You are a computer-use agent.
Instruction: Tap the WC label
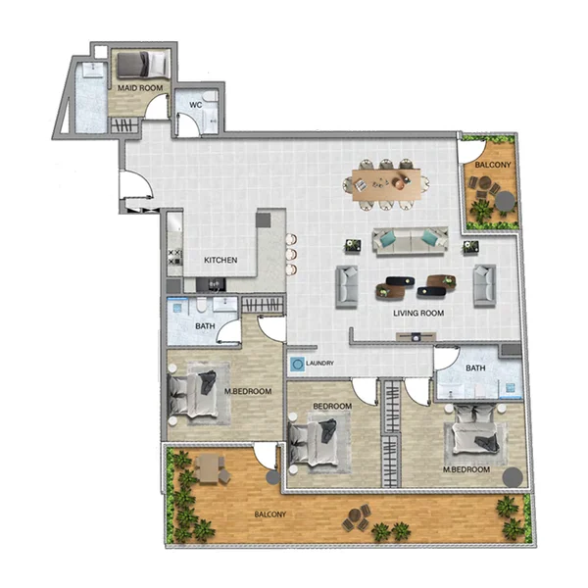(195, 104)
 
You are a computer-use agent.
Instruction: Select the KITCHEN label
(220, 261)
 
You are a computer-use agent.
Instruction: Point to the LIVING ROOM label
(418, 314)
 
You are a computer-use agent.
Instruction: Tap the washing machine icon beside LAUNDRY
(296, 364)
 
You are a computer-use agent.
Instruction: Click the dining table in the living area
(386, 182)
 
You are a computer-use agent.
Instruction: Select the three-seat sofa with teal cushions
(411, 239)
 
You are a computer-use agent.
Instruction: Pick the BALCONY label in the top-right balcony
(491, 166)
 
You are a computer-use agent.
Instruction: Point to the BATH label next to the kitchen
(204, 325)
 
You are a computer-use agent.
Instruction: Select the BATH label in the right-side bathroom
(475, 368)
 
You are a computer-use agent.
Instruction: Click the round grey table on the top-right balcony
(504, 201)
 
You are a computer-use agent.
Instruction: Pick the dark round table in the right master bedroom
(513, 477)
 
